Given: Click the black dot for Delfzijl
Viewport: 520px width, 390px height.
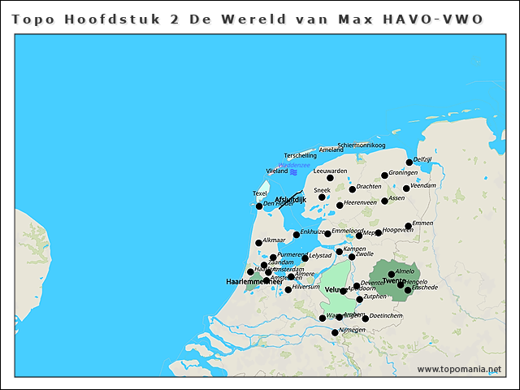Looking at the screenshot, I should [x=409, y=162].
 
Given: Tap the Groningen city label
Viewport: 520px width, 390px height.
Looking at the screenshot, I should [x=403, y=172].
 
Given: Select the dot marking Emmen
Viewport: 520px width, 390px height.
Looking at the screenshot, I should [x=409, y=226].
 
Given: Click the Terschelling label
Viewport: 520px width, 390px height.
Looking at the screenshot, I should [x=301, y=155].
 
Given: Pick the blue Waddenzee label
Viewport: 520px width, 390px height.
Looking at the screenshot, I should [x=294, y=165].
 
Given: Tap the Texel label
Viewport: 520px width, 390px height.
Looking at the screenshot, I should [x=260, y=193].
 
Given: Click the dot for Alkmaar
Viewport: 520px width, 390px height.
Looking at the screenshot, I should [x=258, y=243].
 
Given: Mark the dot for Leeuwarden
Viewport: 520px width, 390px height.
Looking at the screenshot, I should [x=330, y=178].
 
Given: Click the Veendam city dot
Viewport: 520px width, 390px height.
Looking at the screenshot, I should [x=406, y=188].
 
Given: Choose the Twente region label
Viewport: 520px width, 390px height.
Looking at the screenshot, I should [x=394, y=281].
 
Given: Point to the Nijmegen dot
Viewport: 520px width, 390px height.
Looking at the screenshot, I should [x=335, y=332].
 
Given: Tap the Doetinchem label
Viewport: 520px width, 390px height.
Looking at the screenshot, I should [x=386, y=315].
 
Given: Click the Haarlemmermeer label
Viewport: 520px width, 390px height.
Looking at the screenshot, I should [x=253, y=281].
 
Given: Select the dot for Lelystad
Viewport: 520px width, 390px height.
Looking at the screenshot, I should [x=305, y=258].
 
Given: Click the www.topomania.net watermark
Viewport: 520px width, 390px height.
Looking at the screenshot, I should [x=459, y=370].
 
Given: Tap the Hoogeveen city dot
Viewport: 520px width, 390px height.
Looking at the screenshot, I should [x=378, y=233].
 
